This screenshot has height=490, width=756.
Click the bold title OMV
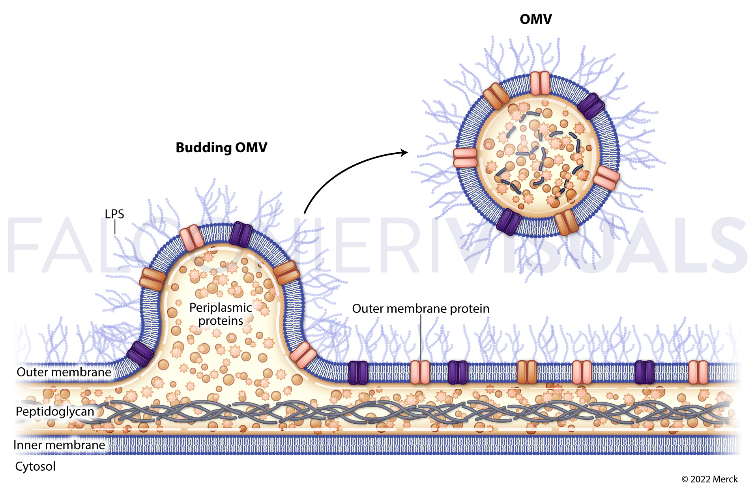(x=535, y=19)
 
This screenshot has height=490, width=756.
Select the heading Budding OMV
(x=221, y=148)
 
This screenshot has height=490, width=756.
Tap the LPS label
(x=114, y=214)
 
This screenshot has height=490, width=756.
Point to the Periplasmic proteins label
(x=221, y=314)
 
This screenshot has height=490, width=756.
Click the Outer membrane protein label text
(x=421, y=309)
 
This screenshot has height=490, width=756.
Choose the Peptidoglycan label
(x=55, y=411)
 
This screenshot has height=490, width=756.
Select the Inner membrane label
(x=59, y=445)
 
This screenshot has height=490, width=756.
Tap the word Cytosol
(x=35, y=466)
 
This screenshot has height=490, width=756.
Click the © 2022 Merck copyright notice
(x=709, y=479)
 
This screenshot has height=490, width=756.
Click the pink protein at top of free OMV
(x=540, y=83)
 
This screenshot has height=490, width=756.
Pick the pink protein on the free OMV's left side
(x=465, y=158)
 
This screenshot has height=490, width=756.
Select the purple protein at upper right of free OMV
(x=591, y=106)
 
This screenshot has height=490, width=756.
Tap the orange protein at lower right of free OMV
(x=566, y=222)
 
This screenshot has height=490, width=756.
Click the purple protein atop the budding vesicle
(x=241, y=234)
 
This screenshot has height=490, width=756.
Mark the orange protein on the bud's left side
(x=152, y=279)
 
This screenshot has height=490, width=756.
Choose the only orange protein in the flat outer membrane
(x=527, y=372)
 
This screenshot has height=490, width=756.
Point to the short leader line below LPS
(x=115, y=228)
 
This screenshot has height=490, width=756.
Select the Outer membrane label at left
(x=64, y=372)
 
